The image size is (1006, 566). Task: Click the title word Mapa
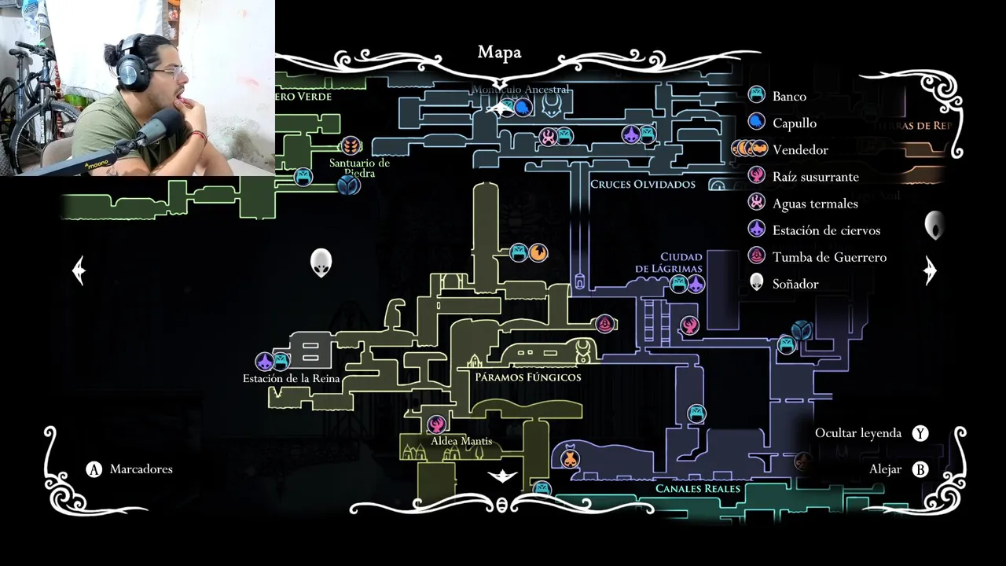[x=499, y=53]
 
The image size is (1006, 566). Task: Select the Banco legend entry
[x=788, y=96]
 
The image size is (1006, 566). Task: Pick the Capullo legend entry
[x=794, y=123]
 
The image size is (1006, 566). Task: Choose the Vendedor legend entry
[x=799, y=149]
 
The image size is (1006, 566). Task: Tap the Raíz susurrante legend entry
[x=815, y=177]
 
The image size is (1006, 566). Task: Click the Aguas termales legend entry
[x=814, y=204]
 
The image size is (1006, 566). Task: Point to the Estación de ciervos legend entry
[x=825, y=230]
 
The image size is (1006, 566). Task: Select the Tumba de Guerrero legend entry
[x=828, y=257]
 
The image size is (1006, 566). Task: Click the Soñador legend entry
[x=795, y=284]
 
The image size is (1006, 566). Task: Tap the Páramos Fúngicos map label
[x=528, y=377]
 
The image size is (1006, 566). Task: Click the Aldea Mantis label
[x=461, y=441]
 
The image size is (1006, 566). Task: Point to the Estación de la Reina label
[x=291, y=379]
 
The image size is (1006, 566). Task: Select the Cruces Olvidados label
[x=642, y=184]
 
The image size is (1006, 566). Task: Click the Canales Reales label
[x=698, y=489]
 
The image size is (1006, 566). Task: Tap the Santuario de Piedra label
[x=360, y=167]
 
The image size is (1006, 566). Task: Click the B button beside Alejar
[x=920, y=469]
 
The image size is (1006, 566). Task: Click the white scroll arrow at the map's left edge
[x=79, y=270]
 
